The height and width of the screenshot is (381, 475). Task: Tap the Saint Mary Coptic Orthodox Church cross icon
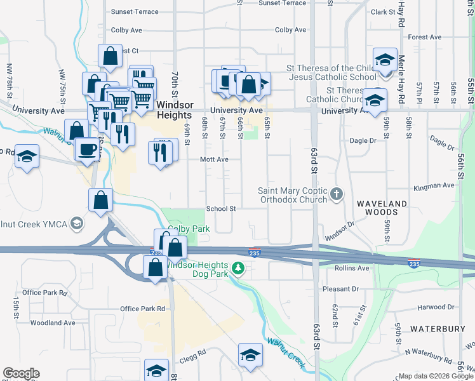pyautogui.click(x=337, y=193)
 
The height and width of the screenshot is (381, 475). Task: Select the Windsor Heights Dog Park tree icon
pyautogui.click(x=238, y=269)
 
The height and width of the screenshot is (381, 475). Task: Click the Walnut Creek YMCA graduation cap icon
pyautogui.click(x=77, y=224)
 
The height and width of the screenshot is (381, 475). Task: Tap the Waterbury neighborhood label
pyautogui.click(x=434, y=329)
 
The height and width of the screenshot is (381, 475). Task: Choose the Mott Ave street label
pyautogui.click(x=214, y=160)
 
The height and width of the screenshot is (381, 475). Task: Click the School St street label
pyautogui.click(x=221, y=208)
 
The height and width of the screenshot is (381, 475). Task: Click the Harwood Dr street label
pyautogui.click(x=436, y=308)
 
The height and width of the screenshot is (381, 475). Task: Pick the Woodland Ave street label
pyautogui.click(x=53, y=323)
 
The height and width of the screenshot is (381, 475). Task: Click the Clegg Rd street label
pyautogui.click(x=193, y=353)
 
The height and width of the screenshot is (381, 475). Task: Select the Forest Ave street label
pyautogui.click(x=425, y=37)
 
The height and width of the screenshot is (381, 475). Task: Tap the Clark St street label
pyautogui.click(x=384, y=12)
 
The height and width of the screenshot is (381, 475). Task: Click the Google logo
pyautogui.click(x=21, y=373)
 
